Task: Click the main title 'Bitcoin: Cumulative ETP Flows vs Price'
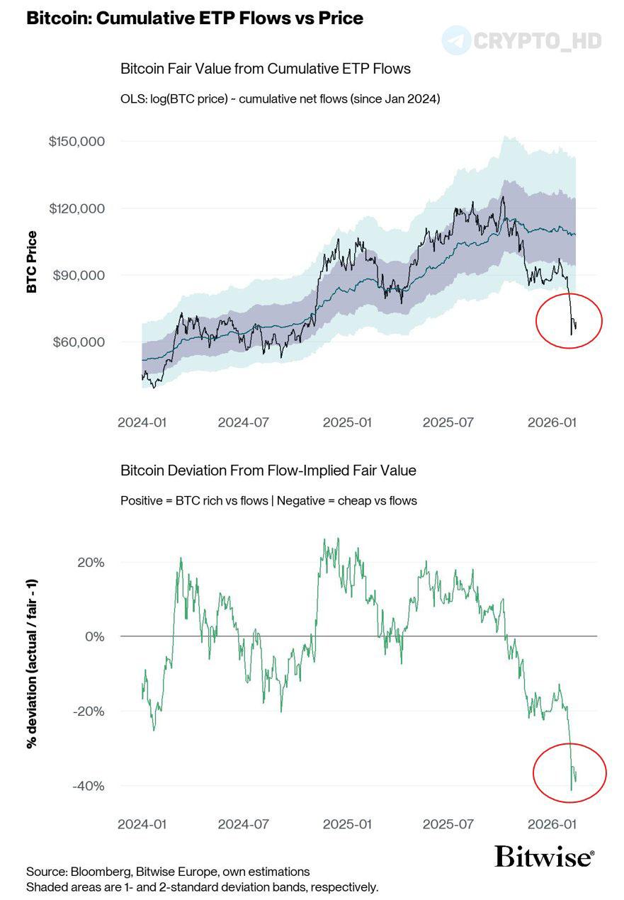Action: pos(195,19)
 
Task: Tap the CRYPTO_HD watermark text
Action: pos(536,40)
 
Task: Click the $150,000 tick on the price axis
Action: pos(76,142)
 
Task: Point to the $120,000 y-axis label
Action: pos(76,208)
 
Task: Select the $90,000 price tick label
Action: pos(79,275)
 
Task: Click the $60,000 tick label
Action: pos(79,342)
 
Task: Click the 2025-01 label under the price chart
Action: pos(347,422)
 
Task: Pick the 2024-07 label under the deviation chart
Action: pos(243,824)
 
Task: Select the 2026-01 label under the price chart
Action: pos(552,422)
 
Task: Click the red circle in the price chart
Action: pos(569,320)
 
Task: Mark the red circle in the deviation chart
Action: pos(569,772)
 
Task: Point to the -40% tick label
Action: pos(88,786)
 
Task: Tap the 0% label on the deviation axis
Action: pos(96,636)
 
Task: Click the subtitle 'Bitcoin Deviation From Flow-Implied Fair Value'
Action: pos(268,471)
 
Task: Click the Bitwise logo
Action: pos(544,857)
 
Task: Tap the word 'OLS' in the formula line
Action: pos(132,99)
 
